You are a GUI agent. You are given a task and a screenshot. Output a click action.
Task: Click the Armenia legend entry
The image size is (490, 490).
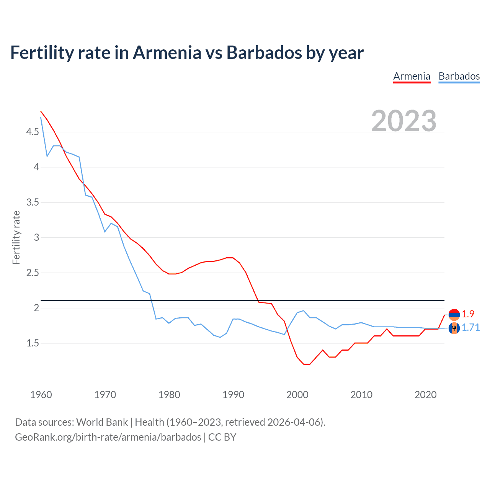[412, 76]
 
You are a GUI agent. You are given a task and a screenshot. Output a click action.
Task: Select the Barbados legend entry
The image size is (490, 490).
[459, 76]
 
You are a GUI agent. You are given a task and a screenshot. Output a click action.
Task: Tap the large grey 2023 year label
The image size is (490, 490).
[403, 121]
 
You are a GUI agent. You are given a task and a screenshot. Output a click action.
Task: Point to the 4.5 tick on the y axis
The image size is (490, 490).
[33, 132]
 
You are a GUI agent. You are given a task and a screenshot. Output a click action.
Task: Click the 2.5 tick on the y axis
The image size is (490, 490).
[33, 273]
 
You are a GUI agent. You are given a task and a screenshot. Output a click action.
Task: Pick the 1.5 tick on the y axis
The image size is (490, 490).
[33, 343]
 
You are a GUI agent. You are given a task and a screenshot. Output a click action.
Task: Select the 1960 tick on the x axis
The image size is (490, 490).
[41, 395]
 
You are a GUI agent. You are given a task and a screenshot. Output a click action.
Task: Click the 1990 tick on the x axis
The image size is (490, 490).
[233, 395]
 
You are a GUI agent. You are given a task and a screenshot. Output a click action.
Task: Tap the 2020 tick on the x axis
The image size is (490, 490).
[425, 395]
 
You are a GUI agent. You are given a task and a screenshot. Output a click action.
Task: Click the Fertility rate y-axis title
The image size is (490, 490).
[16, 237]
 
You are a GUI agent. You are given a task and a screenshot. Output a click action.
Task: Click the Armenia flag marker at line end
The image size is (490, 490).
[454, 315]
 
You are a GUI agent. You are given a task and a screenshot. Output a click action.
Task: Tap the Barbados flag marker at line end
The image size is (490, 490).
[454, 328]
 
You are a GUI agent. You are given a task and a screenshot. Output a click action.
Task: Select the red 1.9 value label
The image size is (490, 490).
[468, 314]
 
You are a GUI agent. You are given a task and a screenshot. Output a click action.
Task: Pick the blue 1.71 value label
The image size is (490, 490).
[470, 327]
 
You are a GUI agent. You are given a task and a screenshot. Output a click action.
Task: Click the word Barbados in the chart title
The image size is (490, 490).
[264, 52]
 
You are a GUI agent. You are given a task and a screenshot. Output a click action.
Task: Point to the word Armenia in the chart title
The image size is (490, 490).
[167, 52]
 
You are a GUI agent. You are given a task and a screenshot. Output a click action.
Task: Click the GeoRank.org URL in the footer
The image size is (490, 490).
[108, 437]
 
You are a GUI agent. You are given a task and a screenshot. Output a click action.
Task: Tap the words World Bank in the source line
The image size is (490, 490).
[102, 422]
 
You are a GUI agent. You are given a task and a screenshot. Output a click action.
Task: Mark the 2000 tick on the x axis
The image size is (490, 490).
[297, 395]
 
